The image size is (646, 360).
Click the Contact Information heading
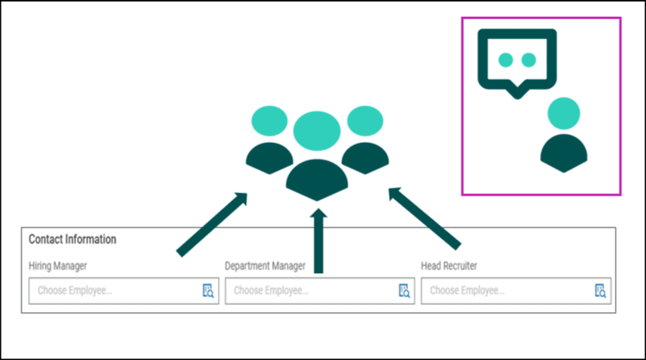(x=73, y=239)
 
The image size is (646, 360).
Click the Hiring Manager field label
(x=58, y=266)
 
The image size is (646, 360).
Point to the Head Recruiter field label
(x=449, y=266)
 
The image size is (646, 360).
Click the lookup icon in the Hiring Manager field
(x=208, y=291)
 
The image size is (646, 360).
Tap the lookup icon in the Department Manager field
(x=404, y=291)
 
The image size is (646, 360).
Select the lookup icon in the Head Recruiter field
(x=600, y=291)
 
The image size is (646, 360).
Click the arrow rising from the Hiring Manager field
(x=212, y=224)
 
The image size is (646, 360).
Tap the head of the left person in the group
(x=268, y=121)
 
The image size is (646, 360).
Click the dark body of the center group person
(x=317, y=180)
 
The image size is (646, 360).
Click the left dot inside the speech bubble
(x=505, y=59)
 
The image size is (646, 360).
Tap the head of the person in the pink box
(x=564, y=113)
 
